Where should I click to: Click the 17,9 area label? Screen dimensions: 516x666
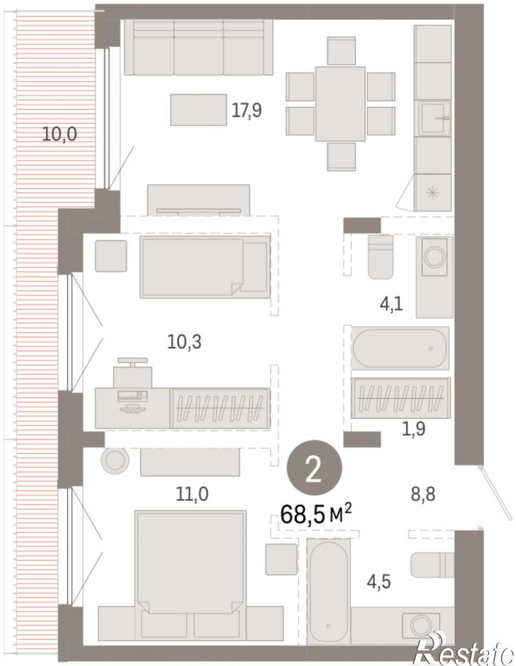coord(246,110)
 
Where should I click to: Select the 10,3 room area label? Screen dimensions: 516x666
coord(184,341)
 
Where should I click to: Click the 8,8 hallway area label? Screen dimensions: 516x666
coord(423,494)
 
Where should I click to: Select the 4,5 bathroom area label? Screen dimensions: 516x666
coord(379,581)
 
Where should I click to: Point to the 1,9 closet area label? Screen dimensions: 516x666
coord(414,430)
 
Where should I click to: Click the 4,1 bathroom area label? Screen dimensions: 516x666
coord(391,304)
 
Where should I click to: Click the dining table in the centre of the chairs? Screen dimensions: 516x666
coord(340,103)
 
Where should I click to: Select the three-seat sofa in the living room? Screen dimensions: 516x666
coord(199,48)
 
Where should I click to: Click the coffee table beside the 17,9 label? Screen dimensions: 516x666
coord(199,110)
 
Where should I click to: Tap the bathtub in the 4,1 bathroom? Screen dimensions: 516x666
coord(400,348)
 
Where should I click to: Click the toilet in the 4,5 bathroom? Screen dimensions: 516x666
coord(432,564)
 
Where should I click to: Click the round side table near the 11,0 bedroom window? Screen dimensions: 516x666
coord(115,460)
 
